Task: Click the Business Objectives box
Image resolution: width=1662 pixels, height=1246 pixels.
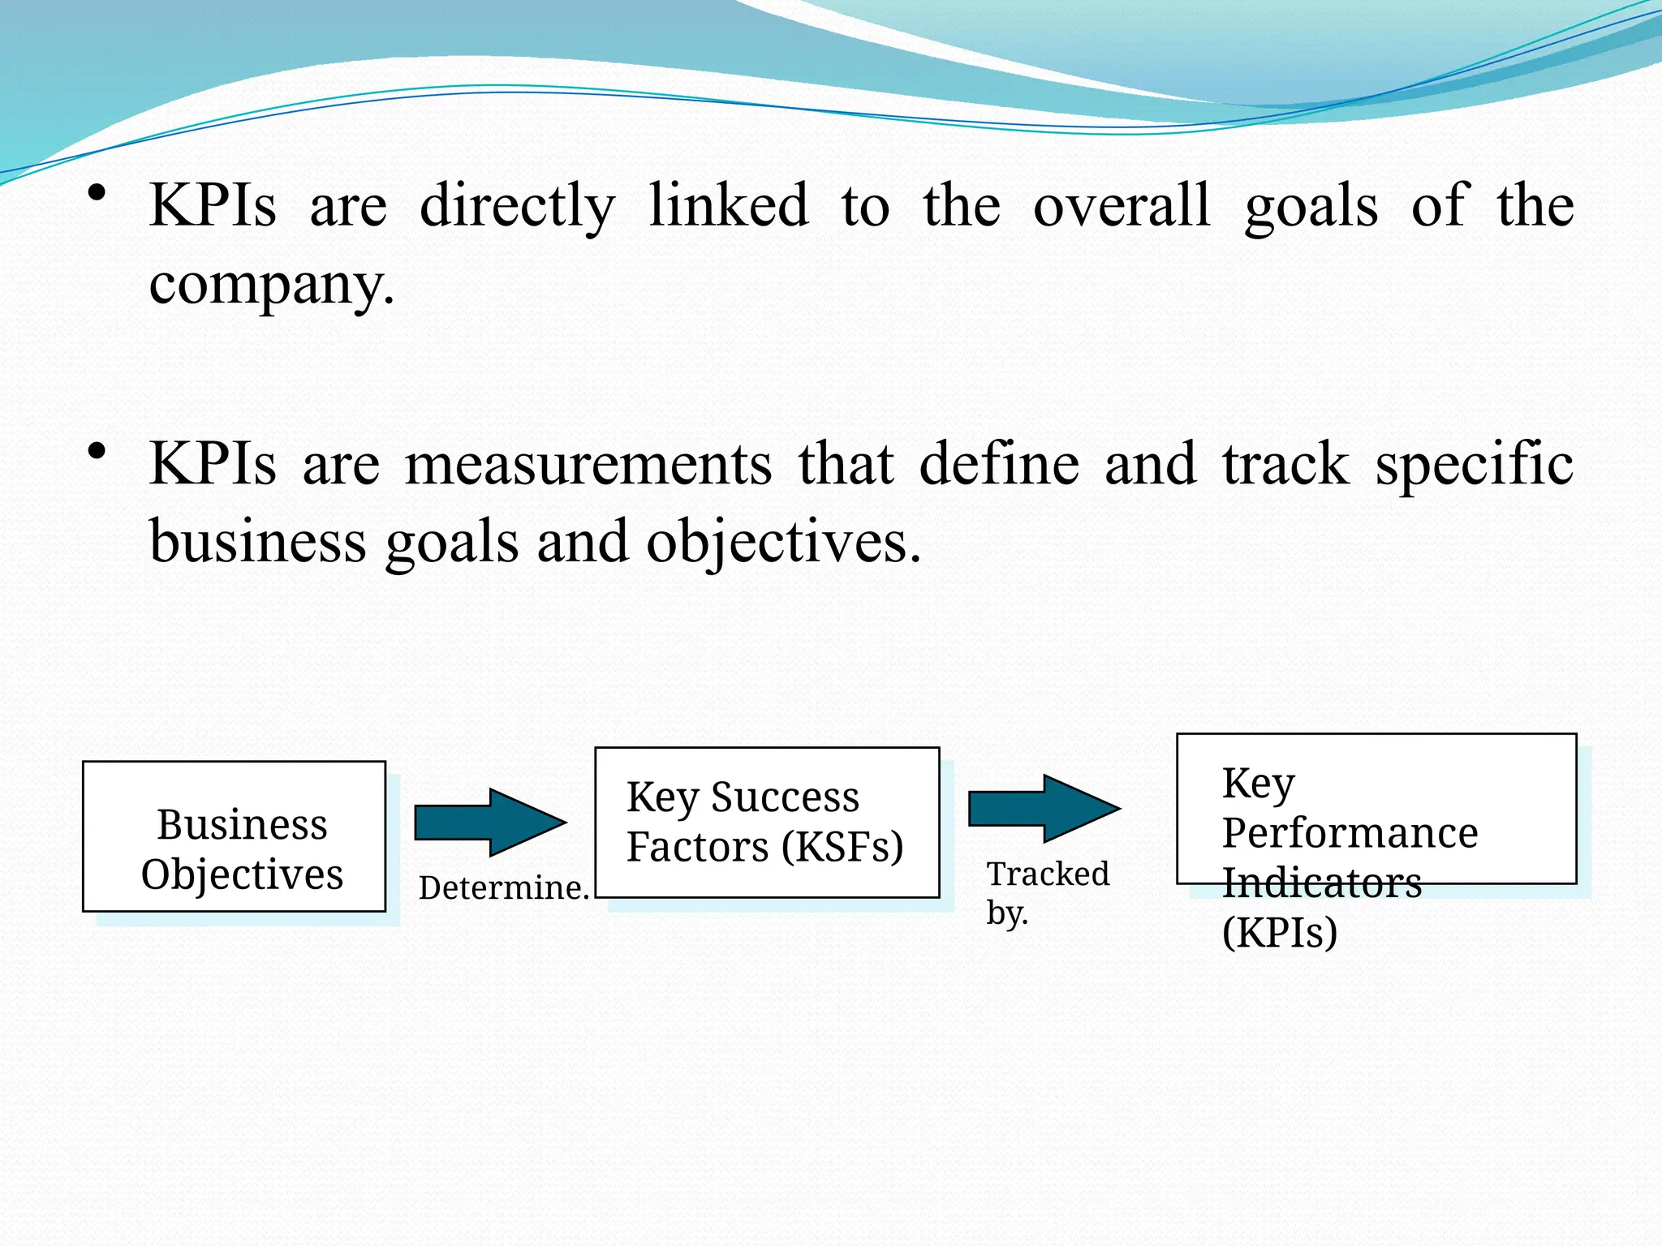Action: point(234,836)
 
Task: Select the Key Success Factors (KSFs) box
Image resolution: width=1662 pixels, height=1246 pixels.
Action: point(767,822)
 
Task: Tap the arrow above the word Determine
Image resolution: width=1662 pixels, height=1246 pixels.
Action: point(490,822)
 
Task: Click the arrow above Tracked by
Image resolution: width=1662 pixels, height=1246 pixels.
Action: point(1044,808)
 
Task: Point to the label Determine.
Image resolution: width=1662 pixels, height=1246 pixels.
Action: point(503,887)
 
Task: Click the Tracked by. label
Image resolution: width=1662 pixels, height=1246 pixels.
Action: point(1047,892)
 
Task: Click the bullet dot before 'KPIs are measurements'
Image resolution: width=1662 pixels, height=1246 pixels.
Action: point(97,451)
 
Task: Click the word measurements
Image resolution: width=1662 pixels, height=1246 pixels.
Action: point(588,465)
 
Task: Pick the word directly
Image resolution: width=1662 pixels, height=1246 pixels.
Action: point(517,206)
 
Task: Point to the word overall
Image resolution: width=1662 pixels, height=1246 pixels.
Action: point(1122,206)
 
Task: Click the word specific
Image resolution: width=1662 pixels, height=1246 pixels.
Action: point(1474,465)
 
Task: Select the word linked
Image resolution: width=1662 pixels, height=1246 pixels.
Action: point(728,206)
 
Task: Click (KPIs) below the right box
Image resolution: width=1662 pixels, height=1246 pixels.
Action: point(1280,932)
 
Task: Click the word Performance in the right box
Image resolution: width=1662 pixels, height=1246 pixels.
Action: point(1350,833)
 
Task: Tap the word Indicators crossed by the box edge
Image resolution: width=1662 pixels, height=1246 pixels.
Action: point(1322,883)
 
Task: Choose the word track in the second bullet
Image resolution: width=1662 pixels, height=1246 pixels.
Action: point(1285,465)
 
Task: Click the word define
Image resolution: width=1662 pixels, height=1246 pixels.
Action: point(999,465)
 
